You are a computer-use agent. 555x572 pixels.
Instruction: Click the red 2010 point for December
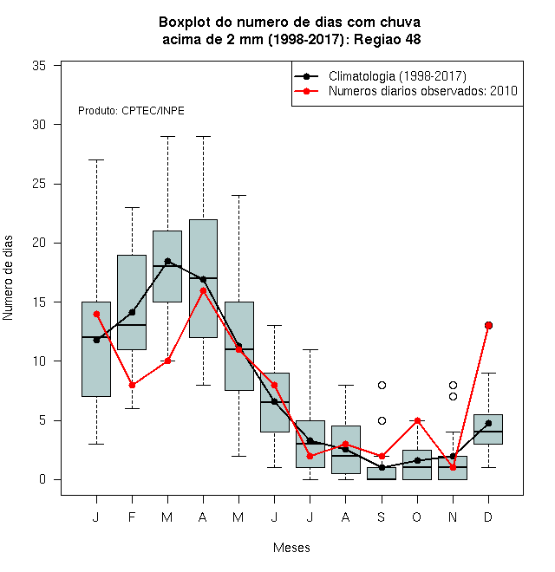click(488, 325)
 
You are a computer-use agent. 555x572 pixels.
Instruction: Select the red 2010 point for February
click(132, 385)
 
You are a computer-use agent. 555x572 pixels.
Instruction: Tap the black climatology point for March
click(167, 261)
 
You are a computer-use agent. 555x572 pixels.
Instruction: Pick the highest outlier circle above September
click(382, 385)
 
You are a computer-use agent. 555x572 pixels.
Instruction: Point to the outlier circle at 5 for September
click(382, 420)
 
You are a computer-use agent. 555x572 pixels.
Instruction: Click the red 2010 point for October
click(417, 420)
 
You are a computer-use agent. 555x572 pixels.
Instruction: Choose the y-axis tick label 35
click(39, 66)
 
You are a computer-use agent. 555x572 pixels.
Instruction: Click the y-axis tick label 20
click(39, 243)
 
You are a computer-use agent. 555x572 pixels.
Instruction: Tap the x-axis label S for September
click(382, 517)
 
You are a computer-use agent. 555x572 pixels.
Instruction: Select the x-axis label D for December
click(488, 517)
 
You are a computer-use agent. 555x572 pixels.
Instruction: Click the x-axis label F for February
click(132, 517)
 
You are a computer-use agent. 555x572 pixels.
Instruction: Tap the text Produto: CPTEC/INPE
click(131, 111)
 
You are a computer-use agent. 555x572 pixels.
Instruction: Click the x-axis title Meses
click(291, 548)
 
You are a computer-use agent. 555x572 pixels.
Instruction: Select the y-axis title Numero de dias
click(8, 278)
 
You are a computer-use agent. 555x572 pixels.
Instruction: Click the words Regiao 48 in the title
click(388, 39)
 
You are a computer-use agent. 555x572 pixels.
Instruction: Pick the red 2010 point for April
click(204, 290)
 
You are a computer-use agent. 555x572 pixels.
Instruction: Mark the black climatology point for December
click(488, 423)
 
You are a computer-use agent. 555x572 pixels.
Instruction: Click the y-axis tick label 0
click(42, 479)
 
